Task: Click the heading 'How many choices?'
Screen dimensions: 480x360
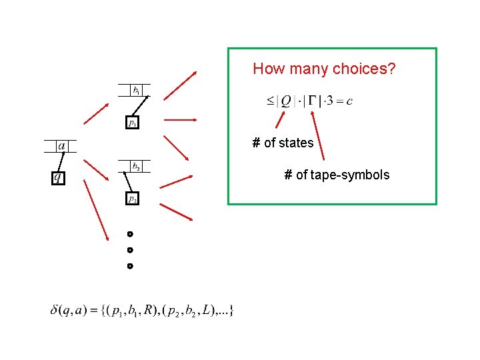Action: [324, 69]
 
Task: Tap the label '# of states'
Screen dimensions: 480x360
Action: [283, 143]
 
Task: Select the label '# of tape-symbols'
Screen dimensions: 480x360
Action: [337, 175]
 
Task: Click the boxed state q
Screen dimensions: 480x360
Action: [59, 177]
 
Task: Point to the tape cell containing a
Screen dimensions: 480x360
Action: [61, 146]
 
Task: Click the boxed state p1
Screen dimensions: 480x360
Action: [133, 123]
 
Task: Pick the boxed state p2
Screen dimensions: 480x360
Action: [133, 199]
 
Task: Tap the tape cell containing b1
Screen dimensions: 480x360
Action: [136, 90]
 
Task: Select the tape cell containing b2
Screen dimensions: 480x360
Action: [136, 166]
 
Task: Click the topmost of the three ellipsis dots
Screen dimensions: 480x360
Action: [130, 234]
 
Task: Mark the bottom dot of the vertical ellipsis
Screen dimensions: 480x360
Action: [130, 266]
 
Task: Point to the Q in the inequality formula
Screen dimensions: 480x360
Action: [286, 101]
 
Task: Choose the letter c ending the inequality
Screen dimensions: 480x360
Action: [349, 101]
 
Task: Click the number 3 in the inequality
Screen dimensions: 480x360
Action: [329, 101]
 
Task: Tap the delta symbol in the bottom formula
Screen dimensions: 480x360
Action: [55, 310]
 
